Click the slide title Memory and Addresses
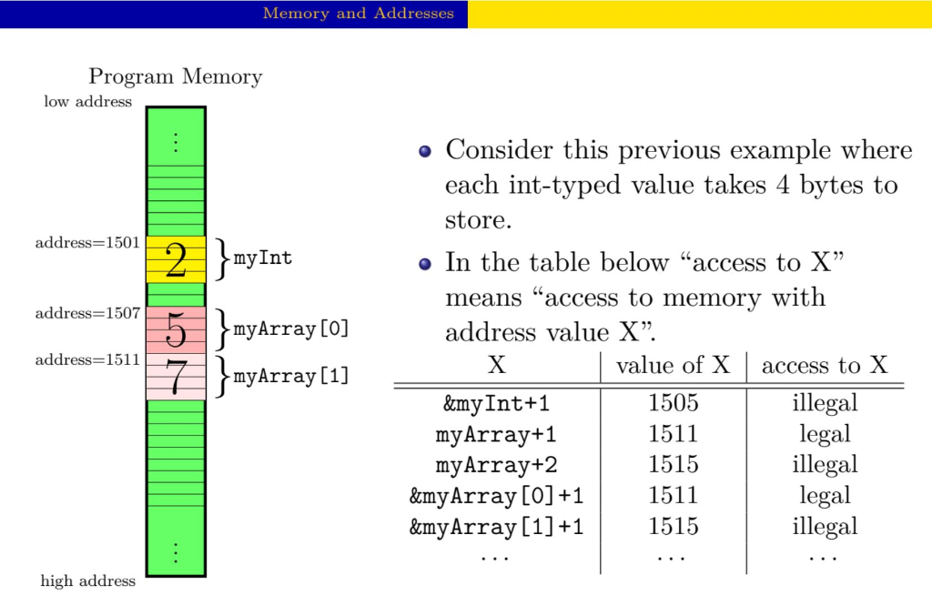pyautogui.click(x=358, y=14)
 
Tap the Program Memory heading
pyautogui.click(x=175, y=76)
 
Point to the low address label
pyautogui.click(x=87, y=102)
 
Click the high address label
pyautogui.click(x=87, y=581)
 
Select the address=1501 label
pyautogui.click(x=87, y=243)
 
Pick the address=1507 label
pyautogui.click(x=87, y=314)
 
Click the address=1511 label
pyautogui.click(x=87, y=359)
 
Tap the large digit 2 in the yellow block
pyautogui.click(x=176, y=261)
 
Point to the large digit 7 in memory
pyautogui.click(x=176, y=378)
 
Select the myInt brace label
pyautogui.click(x=263, y=258)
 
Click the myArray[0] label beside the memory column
pyautogui.click(x=291, y=329)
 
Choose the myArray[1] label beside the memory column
pyautogui.click(x=291, y=376)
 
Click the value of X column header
pyautogui.click(x=673, y=366)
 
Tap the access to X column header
pyautogui.click(x=825, y=366)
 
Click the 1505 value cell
pyautogui.click(x=673, y=403)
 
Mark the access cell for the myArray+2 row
pyautogui.click(x=825, y=465)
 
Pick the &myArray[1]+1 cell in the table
pyautogui.click(x=496, y=527)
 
